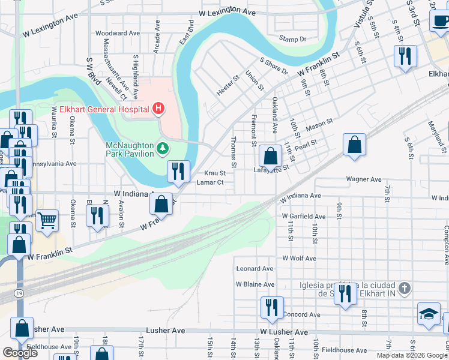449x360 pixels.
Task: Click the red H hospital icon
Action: [158, 109]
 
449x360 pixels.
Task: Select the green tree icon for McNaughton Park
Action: [162, 148]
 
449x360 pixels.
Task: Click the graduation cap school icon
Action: [429, 314]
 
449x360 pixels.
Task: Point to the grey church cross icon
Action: [405, 289]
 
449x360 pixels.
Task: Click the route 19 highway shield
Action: [19, 292]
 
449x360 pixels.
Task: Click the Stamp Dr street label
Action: [293, 39]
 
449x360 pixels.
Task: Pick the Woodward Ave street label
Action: [115, 34]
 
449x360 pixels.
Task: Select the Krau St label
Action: [214, 173]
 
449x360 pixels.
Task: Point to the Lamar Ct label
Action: [210, 182]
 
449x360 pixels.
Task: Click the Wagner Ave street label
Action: [364, 179]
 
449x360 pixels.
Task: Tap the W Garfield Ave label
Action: [304, 217]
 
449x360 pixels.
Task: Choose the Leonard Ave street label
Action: [255, 269]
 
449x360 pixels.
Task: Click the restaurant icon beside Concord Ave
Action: [272, 307]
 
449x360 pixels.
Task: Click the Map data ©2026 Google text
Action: [412, 355]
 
